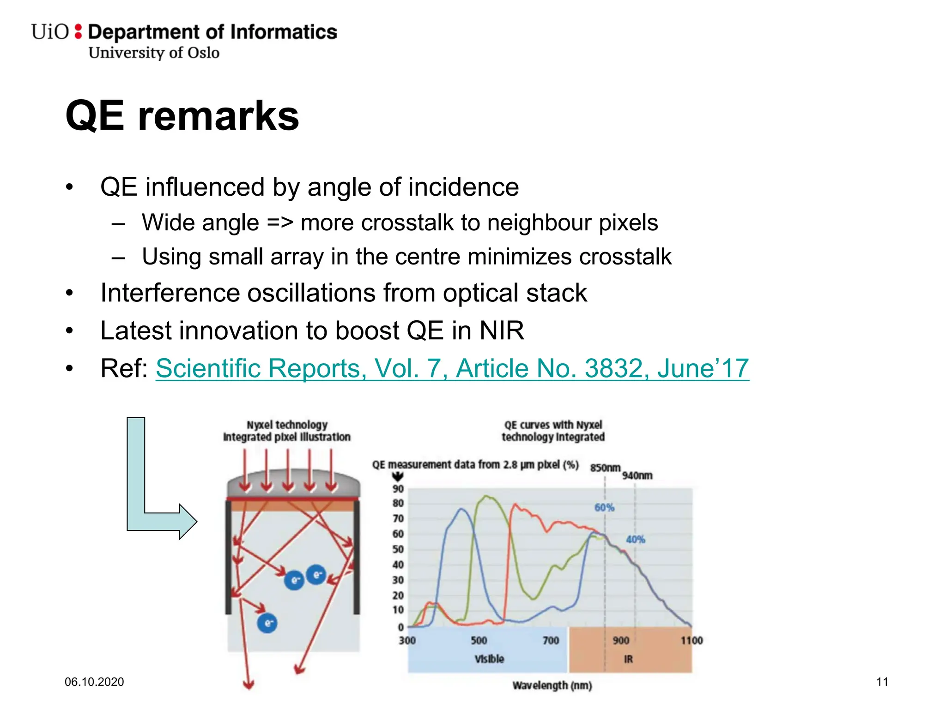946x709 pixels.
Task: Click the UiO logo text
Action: point(50,32)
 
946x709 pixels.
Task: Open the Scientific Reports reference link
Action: point(452,368)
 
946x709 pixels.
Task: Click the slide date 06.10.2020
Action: point(94,682)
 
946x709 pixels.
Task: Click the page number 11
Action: point(882,682)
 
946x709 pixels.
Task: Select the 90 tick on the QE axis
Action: point(398,489)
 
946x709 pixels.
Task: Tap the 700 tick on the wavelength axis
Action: point(550,640)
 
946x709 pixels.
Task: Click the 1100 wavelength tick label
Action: point(691,640)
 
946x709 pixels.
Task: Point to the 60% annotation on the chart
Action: point(604,507)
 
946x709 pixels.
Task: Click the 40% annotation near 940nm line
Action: point(635,539)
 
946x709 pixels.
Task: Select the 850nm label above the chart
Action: point(605,468)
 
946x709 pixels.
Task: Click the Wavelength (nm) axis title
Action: point(552,685)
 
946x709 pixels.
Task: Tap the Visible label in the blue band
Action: point(489,659)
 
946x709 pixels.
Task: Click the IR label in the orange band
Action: point(628,659)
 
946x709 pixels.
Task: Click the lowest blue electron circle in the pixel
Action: point(267,623)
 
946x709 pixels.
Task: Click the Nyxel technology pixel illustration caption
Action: point(287,431)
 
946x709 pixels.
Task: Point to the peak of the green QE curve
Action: point(485,497)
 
